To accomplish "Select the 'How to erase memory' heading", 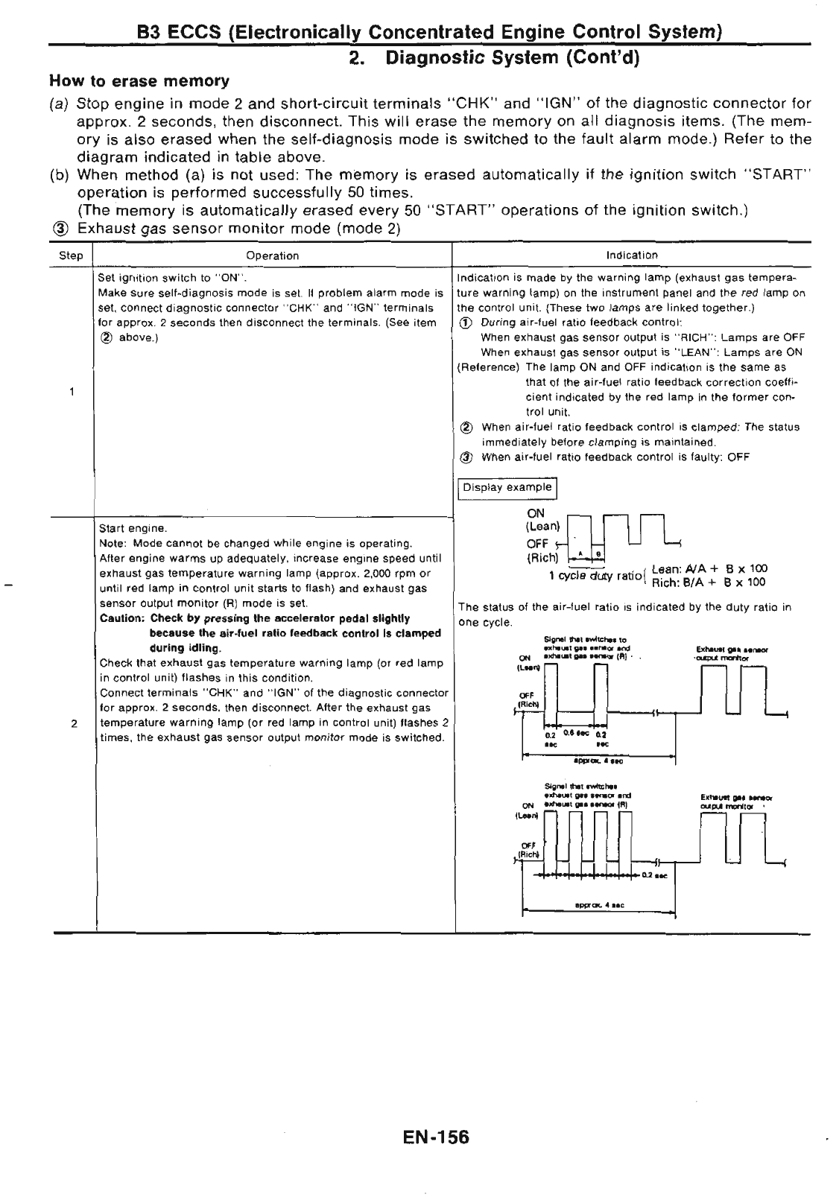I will pos(139,80).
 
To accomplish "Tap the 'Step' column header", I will pos(71,255).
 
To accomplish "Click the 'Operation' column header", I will pos(272,255).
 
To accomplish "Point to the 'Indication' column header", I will pos(632,255).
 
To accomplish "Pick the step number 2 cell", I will pos(73,723).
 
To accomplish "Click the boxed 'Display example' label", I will pos(507,488).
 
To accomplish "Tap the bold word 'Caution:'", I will pos(122,618).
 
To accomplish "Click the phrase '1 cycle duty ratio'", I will pos(596,576).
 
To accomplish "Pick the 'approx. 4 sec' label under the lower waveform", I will pos(599,905).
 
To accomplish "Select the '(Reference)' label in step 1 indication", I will pos(488,367).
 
